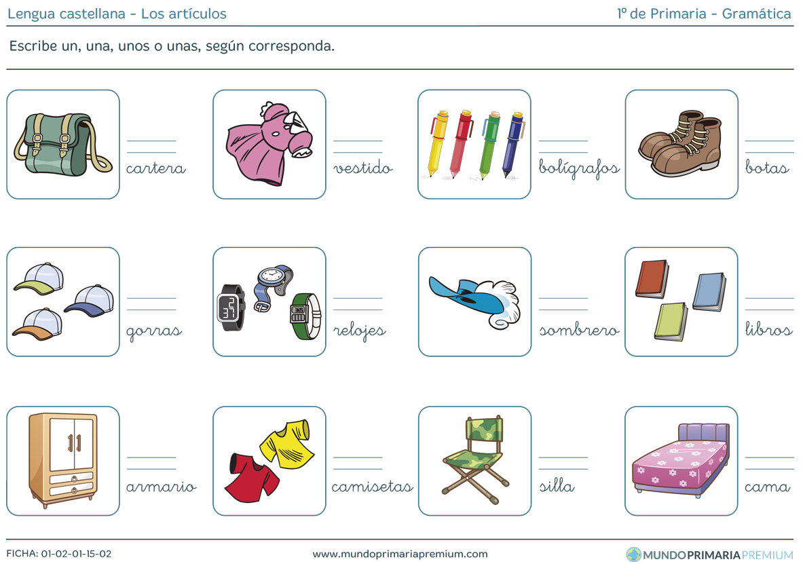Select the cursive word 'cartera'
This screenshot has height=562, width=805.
[x=156, y=168]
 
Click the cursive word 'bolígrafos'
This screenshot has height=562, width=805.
[x=579, y=168]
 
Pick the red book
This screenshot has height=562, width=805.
[x=652, y=279]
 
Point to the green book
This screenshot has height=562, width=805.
[x=671, y=321]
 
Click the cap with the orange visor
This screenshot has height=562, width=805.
[x=37, y=324]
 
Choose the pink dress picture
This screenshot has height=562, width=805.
[x=269, y=144]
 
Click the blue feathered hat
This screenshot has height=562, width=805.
[x=475, y=302]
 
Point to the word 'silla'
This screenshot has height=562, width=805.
[x=557, y=485]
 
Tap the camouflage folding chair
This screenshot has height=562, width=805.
[x=475, y=460]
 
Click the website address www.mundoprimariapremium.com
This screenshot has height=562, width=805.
[x=400, y=554]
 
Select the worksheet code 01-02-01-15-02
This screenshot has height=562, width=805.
[x=76, y=554]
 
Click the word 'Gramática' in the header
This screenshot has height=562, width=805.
[x=756, y=14]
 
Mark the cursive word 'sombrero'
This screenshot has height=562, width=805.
[x=579, y=330]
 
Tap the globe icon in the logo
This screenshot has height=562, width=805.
[x=633, y=555]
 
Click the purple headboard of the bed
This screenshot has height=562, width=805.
[x=704, y=432]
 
